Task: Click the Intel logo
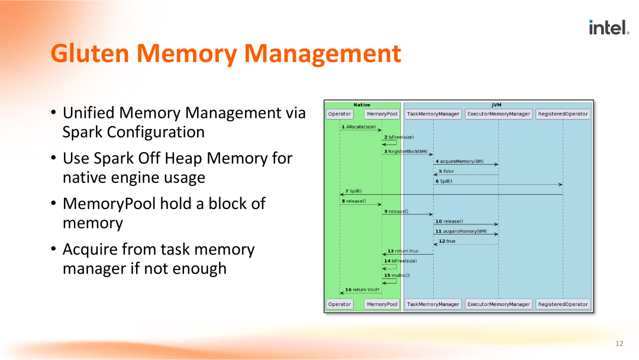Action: click(x=609, y=27)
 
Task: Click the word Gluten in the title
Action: click(x=90, y=53)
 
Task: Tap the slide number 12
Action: click(x=619, y=343)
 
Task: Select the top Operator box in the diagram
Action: click(x=340, y=114)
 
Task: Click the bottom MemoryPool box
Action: click(x=382, y=304)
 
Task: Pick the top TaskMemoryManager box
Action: click(x=433, y=114)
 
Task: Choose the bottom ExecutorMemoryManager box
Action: click(x=498, y=304)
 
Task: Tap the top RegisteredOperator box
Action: click(x=563, y=114)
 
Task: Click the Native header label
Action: click(x=362, y=105)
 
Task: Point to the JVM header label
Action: click(x=496, y=105)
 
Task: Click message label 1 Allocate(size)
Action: click(x=359, y=127)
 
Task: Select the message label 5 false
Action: click(x=446, y=171)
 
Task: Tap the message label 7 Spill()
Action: click(x=353, y=191)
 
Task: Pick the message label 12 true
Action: click(x=447, y=241)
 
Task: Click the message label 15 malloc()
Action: click(x=397, y=275)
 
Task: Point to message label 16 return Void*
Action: click(x=362, y=290)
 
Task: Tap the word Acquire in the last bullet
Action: click(x=90, y=249)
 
